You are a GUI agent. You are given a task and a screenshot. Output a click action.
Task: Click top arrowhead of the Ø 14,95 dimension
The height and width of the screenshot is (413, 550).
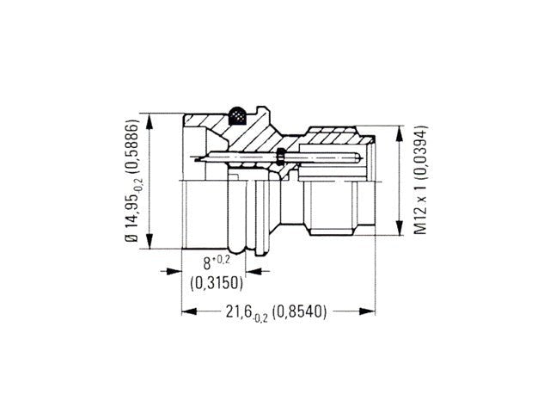click(x=150, y=117)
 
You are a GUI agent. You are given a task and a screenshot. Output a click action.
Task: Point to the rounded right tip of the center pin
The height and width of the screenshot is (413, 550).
click(x=356, y=157)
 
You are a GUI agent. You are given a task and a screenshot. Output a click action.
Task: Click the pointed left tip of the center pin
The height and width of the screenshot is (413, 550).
click(x=197, y=157)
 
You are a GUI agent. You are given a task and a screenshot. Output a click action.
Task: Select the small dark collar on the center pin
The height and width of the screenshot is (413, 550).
click(x=281, y=156)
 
